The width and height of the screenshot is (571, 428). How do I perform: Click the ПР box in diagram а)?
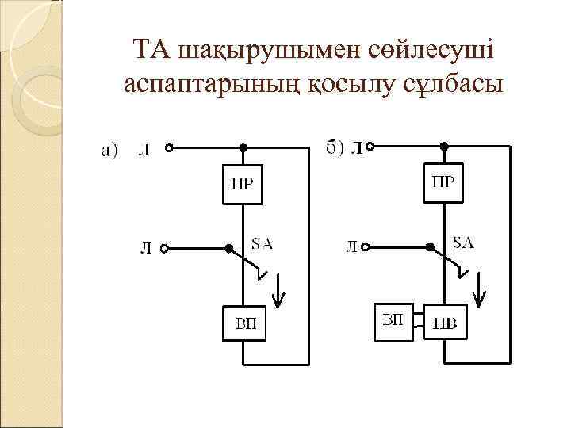pyautogui.click(x=242, y=185)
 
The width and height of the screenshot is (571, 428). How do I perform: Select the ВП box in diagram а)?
pyautogui.click(x=244, y=324)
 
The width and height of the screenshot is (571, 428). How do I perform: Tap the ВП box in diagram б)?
pyautogui.click(x=393, y=321)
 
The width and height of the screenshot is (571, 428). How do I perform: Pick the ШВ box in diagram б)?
pyautogui.click(x=446, y=323)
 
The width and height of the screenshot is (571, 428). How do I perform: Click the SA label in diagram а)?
pyautogui.click(x=262, y=243)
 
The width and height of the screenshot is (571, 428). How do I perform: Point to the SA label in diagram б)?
pyautogui.click(x=463, y=243)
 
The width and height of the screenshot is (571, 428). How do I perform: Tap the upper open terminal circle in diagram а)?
pyautogui.click(x=168, y=147)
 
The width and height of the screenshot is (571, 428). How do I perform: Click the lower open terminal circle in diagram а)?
pyautogui.click(x=164, y=248)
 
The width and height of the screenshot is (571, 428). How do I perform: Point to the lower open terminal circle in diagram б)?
pyautogui.click(x=366, y=247)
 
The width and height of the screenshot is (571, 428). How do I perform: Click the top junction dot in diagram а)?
pyautogui.click(x=243, y=147)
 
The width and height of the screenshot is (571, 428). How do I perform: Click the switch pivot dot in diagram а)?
pyautogui.click(x=228, y=248)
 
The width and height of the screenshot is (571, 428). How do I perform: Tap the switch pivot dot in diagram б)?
pyautogui.click(x=429, y=247)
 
